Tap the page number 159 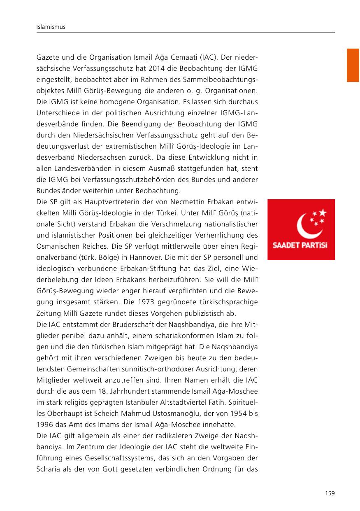(x=330, y=493)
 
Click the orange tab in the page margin (x=353, y=65)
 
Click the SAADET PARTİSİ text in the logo (x=301, y=246)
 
